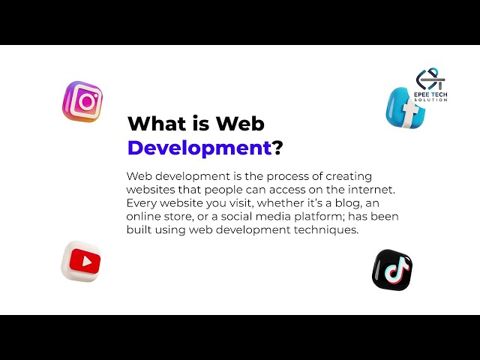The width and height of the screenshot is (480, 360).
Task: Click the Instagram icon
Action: [x=82, y=101]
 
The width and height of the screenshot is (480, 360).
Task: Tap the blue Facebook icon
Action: [x=406, y=107]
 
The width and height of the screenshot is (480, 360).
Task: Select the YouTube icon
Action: [x=81, y=262]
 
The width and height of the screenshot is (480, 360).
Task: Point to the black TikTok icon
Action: [x=392, y=270]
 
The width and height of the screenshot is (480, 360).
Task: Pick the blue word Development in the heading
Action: [x=199, y=148]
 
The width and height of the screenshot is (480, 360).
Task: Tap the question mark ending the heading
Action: [x=277, y=148]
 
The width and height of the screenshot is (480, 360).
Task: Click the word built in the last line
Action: [x=140, y=230]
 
